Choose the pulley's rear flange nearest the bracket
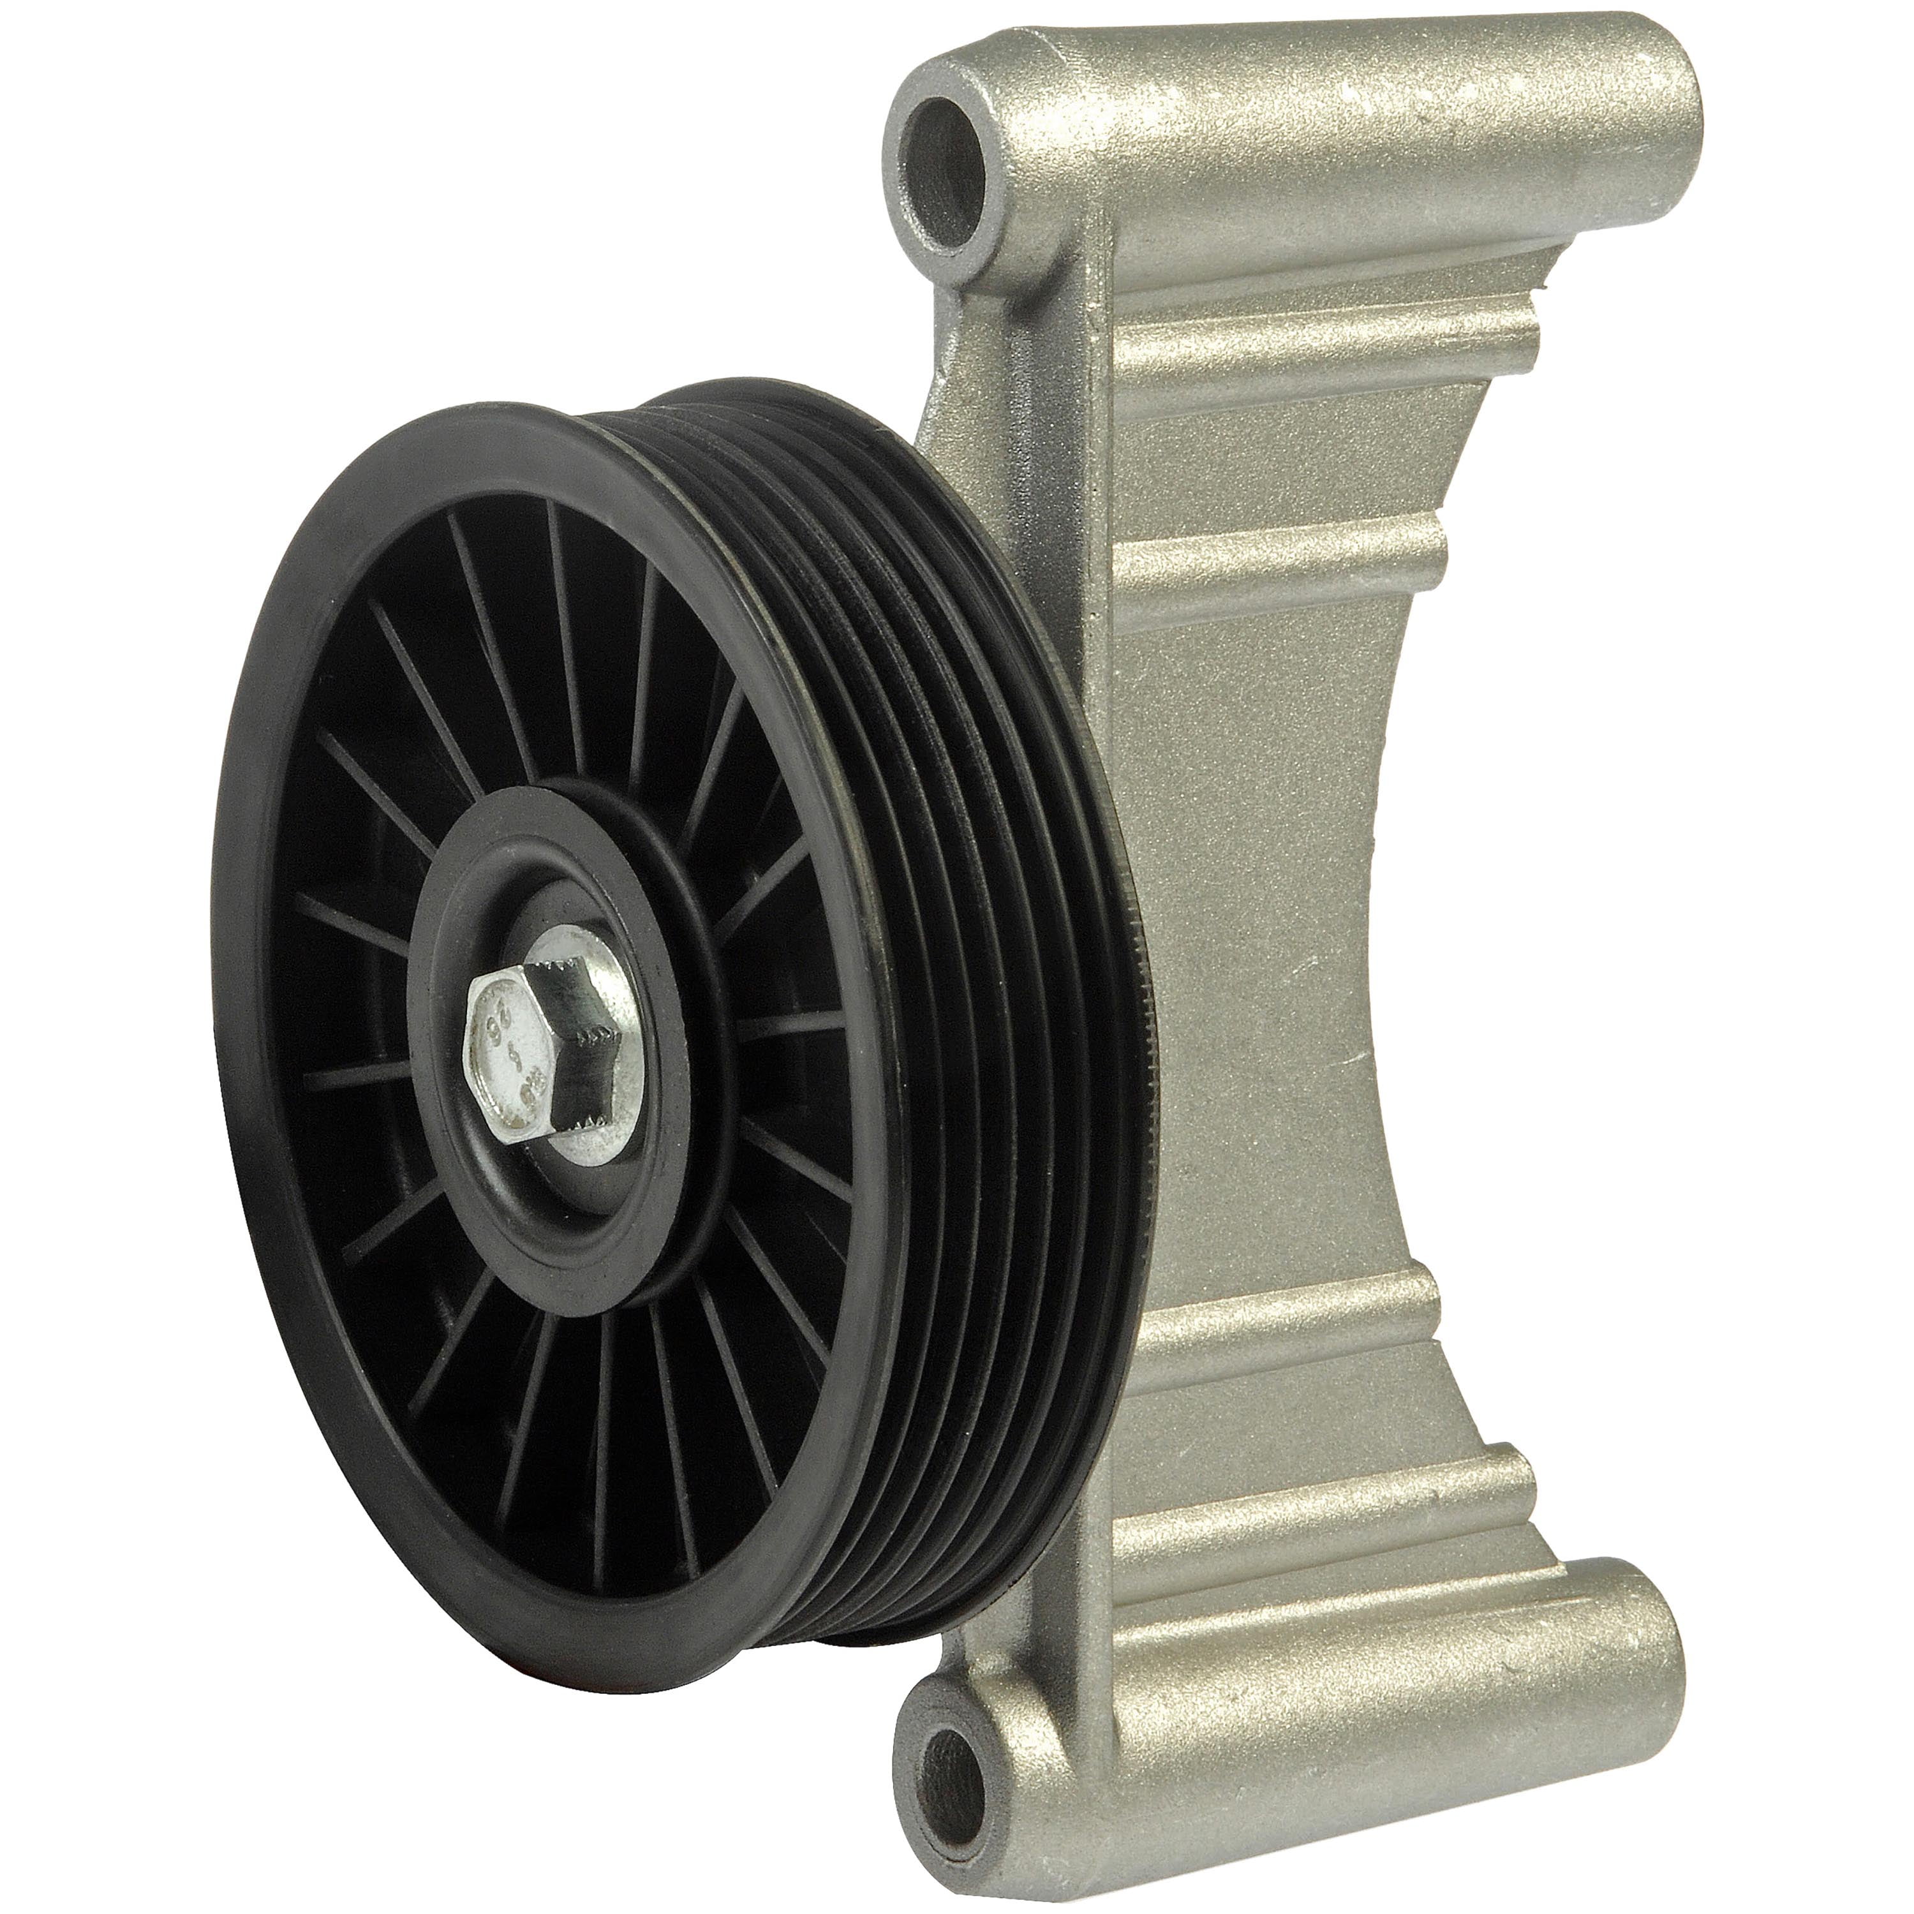[1120, 892]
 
